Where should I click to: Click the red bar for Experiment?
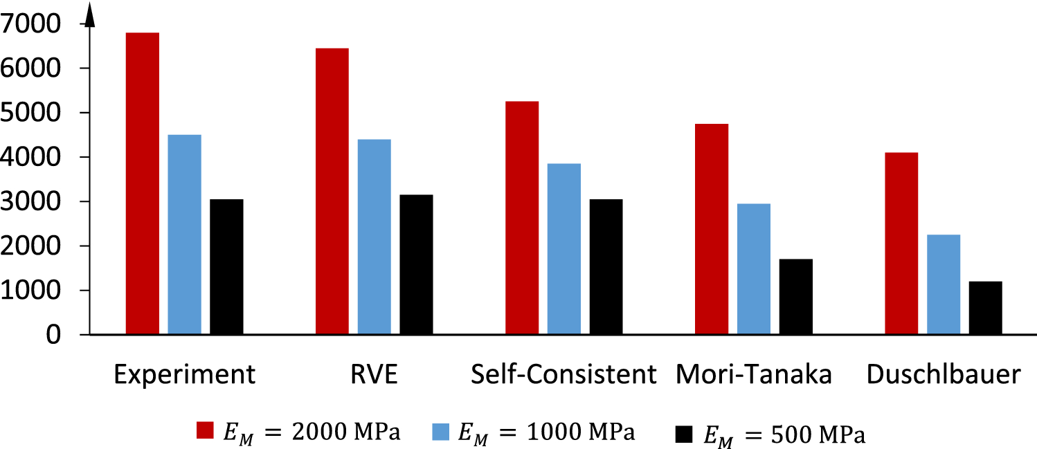click(x=142, y=183)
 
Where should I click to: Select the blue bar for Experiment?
click(x=184, y=235)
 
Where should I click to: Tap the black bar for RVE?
click(x=416, y=264)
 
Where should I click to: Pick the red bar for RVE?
click(x=332, y=191)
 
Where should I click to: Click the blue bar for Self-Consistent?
click(x=564, y=249)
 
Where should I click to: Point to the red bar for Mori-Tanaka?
click(x=712, y=229)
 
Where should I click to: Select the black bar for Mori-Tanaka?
click(x=795, y=297)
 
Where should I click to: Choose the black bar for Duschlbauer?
click(x=985, y=308)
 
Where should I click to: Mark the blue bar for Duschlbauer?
click(x=944, y=284)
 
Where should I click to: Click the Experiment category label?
click(x=185, y=375)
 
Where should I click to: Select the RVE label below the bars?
click(x=375, y=375)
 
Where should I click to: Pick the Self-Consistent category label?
click(x=563, y=375)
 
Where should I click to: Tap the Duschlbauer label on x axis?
click(x=944, y=375)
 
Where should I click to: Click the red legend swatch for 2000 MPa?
click(x=206, y=430)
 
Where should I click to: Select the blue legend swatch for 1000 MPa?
click(x=442, y=430)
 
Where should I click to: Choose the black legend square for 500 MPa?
click(x=684, y=434)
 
